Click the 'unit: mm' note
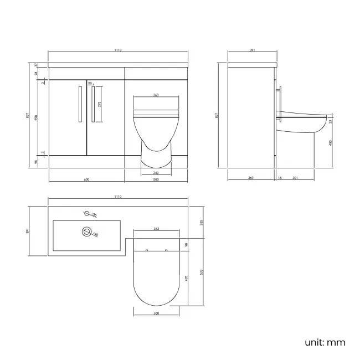(325, 342)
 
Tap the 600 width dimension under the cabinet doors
(87, 179)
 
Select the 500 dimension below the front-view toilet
(156, 179)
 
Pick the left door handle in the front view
(81, 104)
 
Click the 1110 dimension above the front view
(118, 50)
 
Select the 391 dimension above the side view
(252, 50)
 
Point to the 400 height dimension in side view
(331, 142)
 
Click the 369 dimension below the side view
(251, 178)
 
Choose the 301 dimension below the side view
(295, 178)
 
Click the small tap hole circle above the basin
(86, 213)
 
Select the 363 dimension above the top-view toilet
(156, 229)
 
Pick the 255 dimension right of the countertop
(202, 222)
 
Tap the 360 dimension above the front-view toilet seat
(156, 95)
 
